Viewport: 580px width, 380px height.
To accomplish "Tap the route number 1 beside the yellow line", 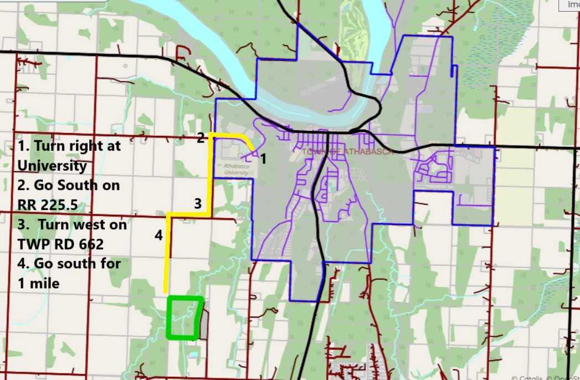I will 263,159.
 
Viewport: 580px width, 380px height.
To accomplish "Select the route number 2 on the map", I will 201,138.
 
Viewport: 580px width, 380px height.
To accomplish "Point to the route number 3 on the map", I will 198,203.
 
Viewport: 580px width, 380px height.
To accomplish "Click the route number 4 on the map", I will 158,235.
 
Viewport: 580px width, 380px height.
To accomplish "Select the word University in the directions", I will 52,165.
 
